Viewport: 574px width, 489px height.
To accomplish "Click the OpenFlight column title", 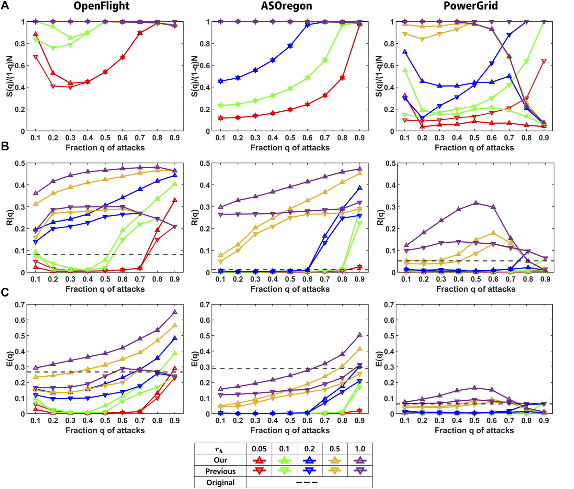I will coord(101,6).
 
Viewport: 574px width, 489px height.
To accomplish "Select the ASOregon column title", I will coord(286,6).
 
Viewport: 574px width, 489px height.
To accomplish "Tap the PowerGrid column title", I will coord(470,6).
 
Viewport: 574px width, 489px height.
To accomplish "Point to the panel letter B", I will coord(5,146).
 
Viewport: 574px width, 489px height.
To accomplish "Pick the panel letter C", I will coord(5,292).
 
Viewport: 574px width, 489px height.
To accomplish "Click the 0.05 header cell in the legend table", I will coord(259,449).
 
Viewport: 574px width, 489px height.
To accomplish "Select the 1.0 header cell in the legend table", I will coord(360,449).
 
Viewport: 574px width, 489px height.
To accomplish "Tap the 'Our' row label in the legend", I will coord(221,460).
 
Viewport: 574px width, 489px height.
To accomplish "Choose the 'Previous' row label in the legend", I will coord(221,471).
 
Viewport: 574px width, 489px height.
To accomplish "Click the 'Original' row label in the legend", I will coord(221,483).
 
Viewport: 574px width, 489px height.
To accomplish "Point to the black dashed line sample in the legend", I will coord(307,483).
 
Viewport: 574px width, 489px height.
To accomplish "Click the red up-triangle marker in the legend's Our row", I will coord(259,460).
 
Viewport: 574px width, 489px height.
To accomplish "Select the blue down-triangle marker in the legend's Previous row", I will coord(309,471).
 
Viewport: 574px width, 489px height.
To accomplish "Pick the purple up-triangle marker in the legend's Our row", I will coord(360,460).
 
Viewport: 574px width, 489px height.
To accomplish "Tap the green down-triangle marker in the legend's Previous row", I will coord(284,471).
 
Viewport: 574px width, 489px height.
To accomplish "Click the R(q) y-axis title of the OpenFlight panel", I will coord(10,217).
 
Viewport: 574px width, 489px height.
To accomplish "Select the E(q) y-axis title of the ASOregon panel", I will coord(195,359).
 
